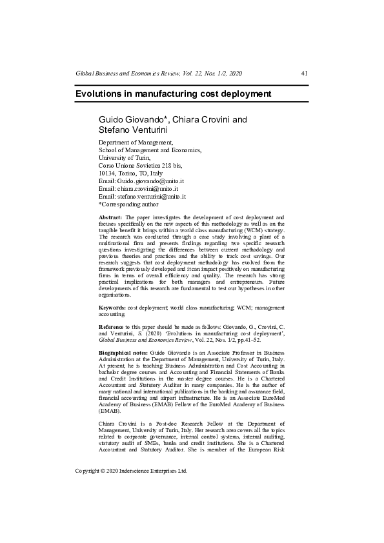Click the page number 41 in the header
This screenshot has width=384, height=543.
[x=304, y=74]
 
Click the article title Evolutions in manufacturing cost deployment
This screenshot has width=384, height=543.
[x=173, y=94]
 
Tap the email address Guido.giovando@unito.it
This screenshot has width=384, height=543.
[x=151, y=181]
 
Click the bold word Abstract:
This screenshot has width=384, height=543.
[x=110, y=219]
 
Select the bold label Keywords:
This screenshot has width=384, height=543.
[x=112, y=308]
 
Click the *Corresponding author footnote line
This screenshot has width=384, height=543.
[x=128, y=204]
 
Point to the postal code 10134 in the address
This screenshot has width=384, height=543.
[x=107, y=173]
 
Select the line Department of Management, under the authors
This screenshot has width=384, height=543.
[x=136, y=142]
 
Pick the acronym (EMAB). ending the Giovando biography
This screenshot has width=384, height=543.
[x=109, y=410]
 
